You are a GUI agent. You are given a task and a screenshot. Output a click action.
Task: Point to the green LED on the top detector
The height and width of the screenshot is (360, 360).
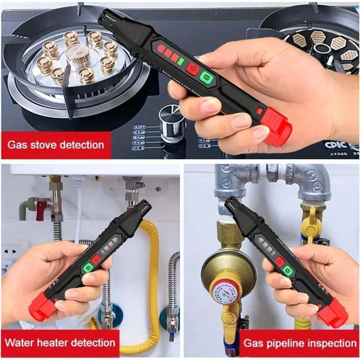click(180, 61)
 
